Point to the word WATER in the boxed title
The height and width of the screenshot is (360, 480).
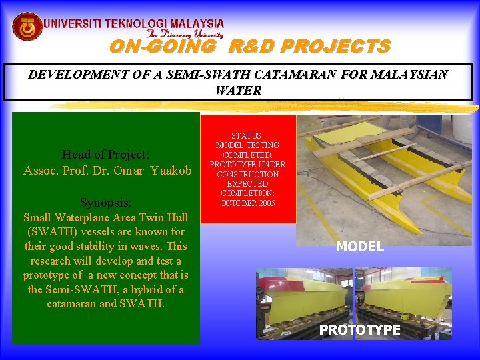[239, 90]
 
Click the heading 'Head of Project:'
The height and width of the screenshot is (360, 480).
[105, 155]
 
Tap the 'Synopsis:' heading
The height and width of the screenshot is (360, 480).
[105, 203]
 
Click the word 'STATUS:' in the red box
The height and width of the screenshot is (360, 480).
[247, 136]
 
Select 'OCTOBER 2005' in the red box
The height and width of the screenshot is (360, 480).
[247, 203]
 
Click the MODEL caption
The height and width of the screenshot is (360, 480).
[360, 247]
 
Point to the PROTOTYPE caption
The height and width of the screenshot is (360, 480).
[359, 329]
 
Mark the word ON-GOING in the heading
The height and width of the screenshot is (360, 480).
[162, 47]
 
